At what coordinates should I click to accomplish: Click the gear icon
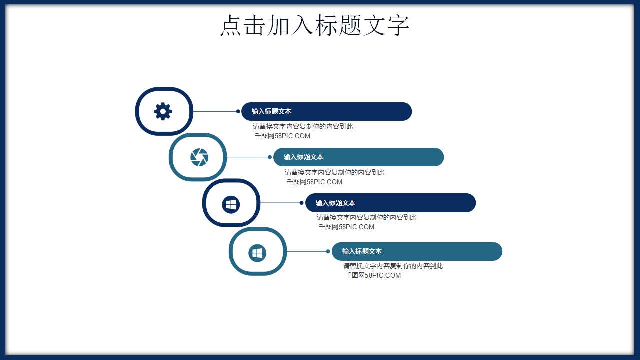click(x=163, y=111)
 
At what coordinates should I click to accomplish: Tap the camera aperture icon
click(x=199, y=157)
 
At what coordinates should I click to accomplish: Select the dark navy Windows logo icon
click(x=231, y=204)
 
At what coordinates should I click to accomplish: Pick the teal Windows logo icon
click(x=257, y=253)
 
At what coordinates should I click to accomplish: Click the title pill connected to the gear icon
click(x=326, y=111)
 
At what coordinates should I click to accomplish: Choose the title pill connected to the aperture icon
click(x=358, y=157)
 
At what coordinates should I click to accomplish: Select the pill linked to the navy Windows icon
click(x=390, y=203)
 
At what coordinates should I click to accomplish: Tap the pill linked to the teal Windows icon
click(x=417, y=251)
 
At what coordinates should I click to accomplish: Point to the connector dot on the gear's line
click(x=238, y=111)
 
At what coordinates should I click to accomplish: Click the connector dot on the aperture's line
click(x=270, y=157)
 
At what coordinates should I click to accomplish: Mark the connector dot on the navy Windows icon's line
click(x=301, y=203)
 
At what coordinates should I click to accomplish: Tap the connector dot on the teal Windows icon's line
click(x=328, y=251)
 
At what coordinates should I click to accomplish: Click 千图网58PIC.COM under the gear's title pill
click(x=282, y=136)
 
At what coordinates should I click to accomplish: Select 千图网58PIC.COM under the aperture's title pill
click(x=314, y=182)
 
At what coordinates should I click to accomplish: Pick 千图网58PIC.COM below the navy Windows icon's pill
click(x=346, y=227)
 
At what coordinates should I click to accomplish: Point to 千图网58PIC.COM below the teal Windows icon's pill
click(x=373, y=275)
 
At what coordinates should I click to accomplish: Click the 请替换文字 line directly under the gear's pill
click(x=303, y=126)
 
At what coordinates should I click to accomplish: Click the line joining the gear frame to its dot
click(x=215, y=111)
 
